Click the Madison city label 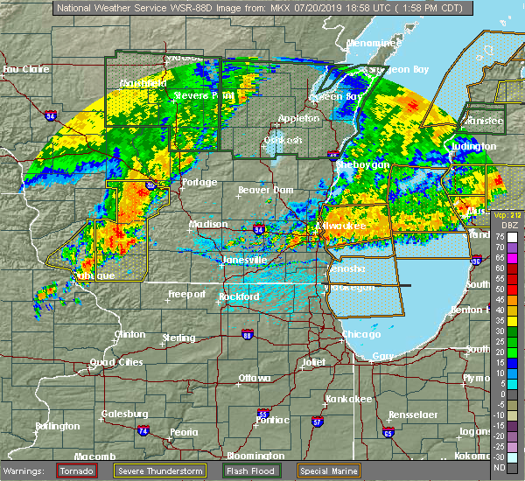point(208,224)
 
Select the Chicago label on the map point(361,335)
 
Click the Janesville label point(244,260)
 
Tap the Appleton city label point(299,119)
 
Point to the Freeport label point(185,294)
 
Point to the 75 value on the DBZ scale point(499,236)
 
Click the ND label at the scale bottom point(499,468)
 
